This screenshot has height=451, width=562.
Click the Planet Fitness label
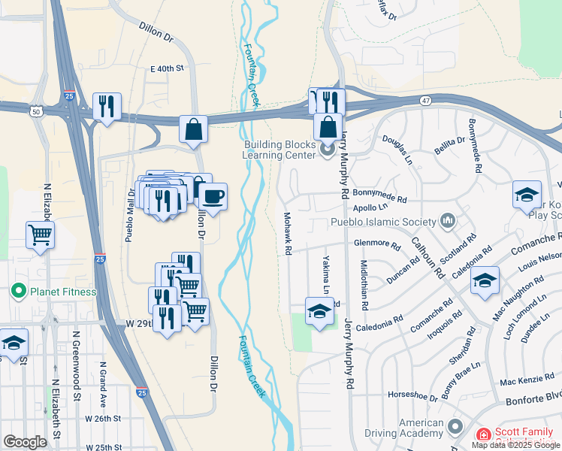coord(63,292)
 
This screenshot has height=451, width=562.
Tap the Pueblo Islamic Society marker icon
coord(449,221)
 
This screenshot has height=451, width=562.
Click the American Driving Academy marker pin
coord(454,428)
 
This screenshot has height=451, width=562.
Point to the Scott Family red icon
coord(482,434)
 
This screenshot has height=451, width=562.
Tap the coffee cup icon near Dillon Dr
coord(213,197)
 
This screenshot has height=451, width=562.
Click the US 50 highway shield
coord(36,111)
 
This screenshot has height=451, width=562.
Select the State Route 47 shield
coord(425,99)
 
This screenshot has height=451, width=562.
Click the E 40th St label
coord(167,68)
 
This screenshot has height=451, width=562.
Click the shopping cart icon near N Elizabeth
coord(40,234)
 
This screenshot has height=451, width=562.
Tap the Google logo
coord(26,441)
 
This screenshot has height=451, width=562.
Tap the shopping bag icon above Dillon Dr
coord(193,129)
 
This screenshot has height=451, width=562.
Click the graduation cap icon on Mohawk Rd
coord(319,311)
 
